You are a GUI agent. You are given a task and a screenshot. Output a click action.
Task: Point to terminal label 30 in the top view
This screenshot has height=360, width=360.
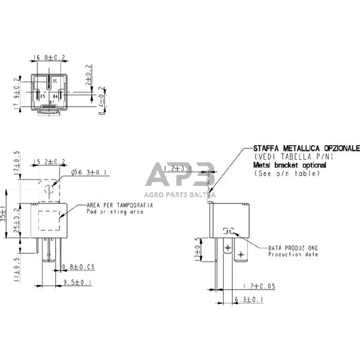55,80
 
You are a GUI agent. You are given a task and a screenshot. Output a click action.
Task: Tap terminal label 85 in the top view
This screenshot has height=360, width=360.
43,95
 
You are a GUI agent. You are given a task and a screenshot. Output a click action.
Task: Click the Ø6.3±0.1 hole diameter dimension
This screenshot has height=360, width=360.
88,173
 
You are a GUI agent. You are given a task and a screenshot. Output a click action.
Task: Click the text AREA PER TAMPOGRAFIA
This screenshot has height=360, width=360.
119,205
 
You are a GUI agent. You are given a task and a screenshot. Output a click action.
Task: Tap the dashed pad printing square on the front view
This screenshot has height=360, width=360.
50,218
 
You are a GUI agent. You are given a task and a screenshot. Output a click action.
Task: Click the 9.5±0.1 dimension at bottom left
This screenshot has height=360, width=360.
78,281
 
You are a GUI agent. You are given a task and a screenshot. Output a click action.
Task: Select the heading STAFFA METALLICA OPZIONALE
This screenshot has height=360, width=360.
306,147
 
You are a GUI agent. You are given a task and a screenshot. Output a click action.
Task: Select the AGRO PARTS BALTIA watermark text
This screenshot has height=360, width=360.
179,194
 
